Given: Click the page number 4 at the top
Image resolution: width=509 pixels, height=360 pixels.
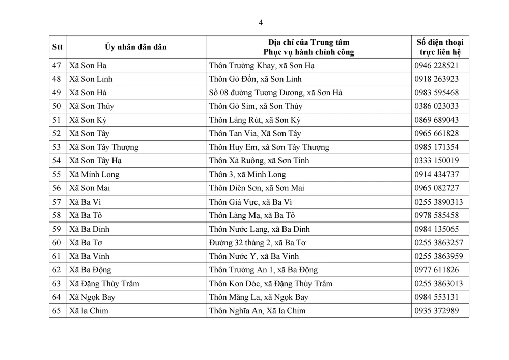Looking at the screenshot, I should click(261, 22).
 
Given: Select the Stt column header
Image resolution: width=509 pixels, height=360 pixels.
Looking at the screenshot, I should click(58, 47).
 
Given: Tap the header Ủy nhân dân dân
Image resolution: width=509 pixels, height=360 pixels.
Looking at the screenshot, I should click(136, 47).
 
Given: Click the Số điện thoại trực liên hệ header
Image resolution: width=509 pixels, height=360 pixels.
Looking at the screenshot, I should click(440, 47).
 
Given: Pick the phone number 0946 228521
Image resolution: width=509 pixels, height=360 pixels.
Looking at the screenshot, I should click(436, 65).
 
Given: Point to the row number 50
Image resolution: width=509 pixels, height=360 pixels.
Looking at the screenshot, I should click(57, 106).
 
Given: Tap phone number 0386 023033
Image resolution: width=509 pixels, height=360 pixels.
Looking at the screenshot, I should click(436, 106).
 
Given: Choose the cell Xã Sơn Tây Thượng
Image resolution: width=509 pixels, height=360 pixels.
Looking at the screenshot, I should click(103, 147).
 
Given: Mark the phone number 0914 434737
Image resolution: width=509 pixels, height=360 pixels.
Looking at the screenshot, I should click(436, 174).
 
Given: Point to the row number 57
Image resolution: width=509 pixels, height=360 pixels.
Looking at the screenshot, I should click(57, 202).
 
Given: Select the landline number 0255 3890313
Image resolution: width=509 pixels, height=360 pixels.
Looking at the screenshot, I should click(438, 202).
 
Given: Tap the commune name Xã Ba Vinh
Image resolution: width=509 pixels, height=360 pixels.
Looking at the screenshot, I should click(89, 256).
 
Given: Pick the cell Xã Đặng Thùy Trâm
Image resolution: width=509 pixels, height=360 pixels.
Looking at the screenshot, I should click(104, 283).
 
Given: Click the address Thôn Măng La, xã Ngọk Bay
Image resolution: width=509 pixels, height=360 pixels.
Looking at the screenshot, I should click(259, 297).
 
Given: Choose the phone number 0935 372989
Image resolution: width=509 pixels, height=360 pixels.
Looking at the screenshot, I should click(436, 311).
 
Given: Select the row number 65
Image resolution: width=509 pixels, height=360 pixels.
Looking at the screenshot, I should click(57, 311).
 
